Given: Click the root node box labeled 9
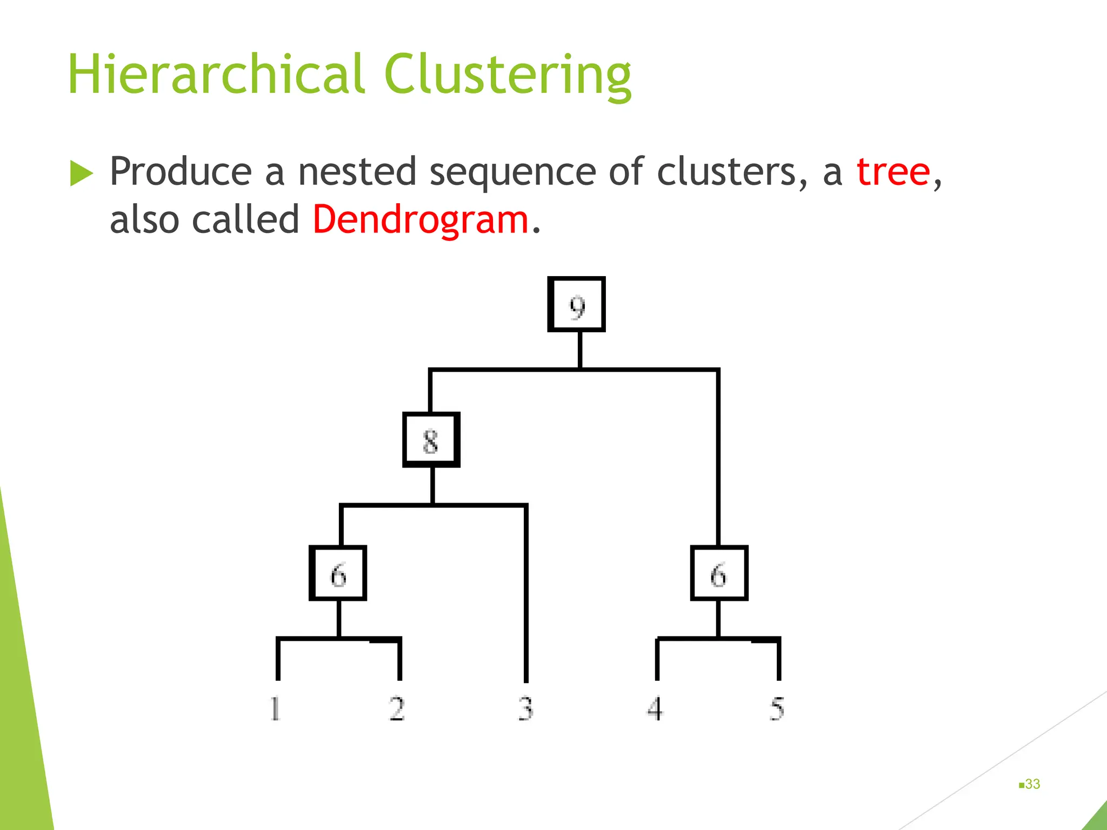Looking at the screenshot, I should (576, 304).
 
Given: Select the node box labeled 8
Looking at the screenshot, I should (431, 440).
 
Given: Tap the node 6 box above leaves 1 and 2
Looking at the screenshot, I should (338, 573).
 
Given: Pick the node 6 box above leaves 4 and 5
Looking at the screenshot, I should (719, 573).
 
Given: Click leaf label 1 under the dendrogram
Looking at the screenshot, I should (275, 708).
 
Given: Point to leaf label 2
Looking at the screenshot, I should (397, 708).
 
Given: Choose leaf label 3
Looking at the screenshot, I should (525, 708).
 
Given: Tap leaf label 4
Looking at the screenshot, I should (655, 708).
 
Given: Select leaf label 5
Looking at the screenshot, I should (777, 708).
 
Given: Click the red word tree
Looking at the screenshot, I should (893, 172).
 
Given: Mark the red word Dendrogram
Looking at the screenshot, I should (421, 220).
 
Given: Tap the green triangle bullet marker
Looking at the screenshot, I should (81, 173).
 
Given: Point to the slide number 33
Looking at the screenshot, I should (1032, 784).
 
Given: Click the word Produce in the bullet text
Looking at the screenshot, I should (181, 172).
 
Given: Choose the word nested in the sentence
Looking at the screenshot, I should (357, 172).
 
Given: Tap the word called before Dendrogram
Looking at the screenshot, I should (245, 220).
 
